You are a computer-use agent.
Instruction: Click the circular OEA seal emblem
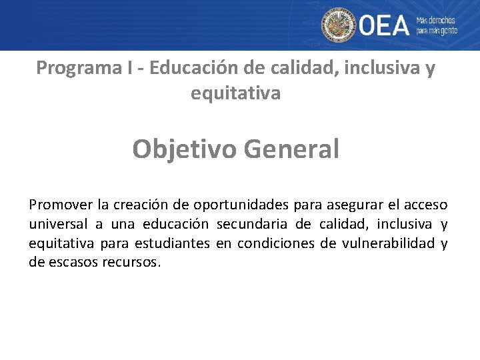pos(339,25)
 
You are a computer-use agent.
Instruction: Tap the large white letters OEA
pos(384,26)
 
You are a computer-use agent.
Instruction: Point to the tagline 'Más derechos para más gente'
pos(437,25)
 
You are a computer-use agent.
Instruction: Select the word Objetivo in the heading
pos(185,149)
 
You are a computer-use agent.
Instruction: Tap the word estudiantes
pos(172,243)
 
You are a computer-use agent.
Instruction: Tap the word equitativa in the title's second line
pos(235,94)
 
